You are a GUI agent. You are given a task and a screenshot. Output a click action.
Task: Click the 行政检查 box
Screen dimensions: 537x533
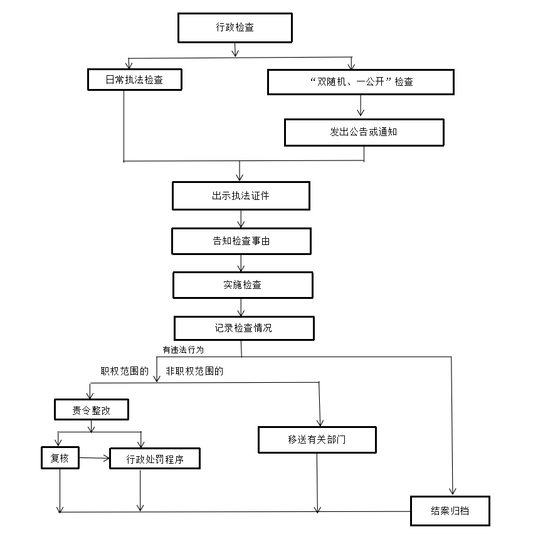235,27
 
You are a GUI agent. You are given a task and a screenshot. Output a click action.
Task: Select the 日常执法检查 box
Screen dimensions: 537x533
134,80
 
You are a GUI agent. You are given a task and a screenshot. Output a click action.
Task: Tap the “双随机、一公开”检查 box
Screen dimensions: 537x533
361,81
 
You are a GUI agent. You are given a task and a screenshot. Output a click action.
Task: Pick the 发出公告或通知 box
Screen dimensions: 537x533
364,132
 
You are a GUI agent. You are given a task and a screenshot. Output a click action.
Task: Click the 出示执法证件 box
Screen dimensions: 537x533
241,196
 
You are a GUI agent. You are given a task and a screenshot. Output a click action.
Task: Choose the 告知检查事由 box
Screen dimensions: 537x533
241,241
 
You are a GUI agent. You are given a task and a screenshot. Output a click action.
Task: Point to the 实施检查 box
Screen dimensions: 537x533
243,284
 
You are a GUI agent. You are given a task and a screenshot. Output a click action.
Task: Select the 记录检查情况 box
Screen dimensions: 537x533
243,328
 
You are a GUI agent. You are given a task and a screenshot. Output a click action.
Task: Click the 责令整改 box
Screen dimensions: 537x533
92,410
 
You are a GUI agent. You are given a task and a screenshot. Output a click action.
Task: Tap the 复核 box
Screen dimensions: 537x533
60,458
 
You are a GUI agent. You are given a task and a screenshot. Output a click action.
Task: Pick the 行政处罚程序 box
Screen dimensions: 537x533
155,459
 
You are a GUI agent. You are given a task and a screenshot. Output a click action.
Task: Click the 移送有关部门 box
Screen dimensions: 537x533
317,439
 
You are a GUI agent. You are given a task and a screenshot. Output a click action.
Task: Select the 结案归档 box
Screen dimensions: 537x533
450,511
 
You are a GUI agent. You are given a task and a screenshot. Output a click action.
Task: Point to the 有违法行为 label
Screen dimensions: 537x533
183,350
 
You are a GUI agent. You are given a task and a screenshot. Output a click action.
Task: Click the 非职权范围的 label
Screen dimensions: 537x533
194,371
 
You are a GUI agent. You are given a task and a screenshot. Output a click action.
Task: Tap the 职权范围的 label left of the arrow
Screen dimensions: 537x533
125,371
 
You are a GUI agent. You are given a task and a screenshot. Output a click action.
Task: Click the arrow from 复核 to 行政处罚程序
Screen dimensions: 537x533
94,459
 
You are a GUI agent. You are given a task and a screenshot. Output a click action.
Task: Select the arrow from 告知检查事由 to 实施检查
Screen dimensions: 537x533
241,263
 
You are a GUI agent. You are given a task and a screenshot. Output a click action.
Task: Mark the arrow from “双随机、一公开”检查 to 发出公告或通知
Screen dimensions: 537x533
361,106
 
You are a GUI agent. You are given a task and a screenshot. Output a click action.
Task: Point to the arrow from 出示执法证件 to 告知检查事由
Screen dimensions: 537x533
241,218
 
